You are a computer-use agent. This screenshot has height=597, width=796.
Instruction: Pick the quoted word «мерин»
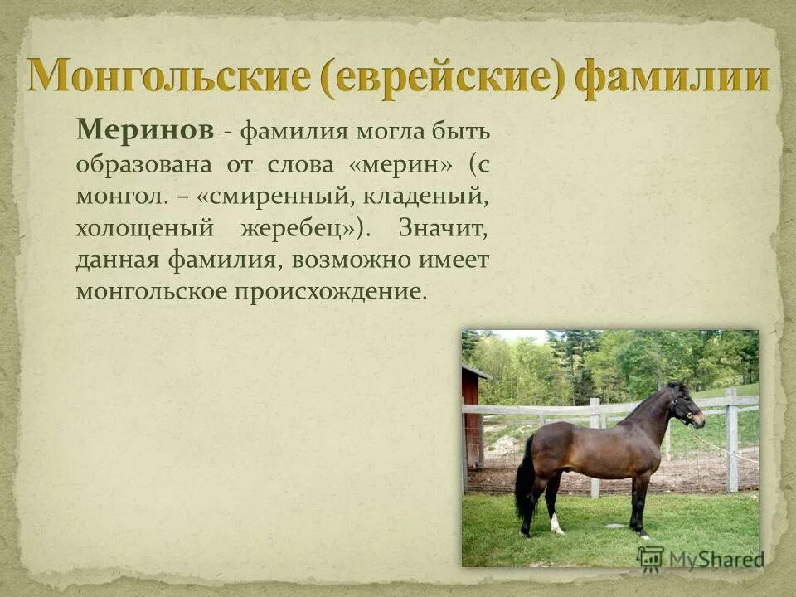click(x=401, y=163)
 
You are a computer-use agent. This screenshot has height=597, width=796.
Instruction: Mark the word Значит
click(x=444, y=228)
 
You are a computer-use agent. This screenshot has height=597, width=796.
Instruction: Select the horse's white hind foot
click(x=556, y=524)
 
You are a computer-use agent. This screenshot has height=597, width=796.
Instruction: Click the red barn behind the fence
click(x=471, y=415)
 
